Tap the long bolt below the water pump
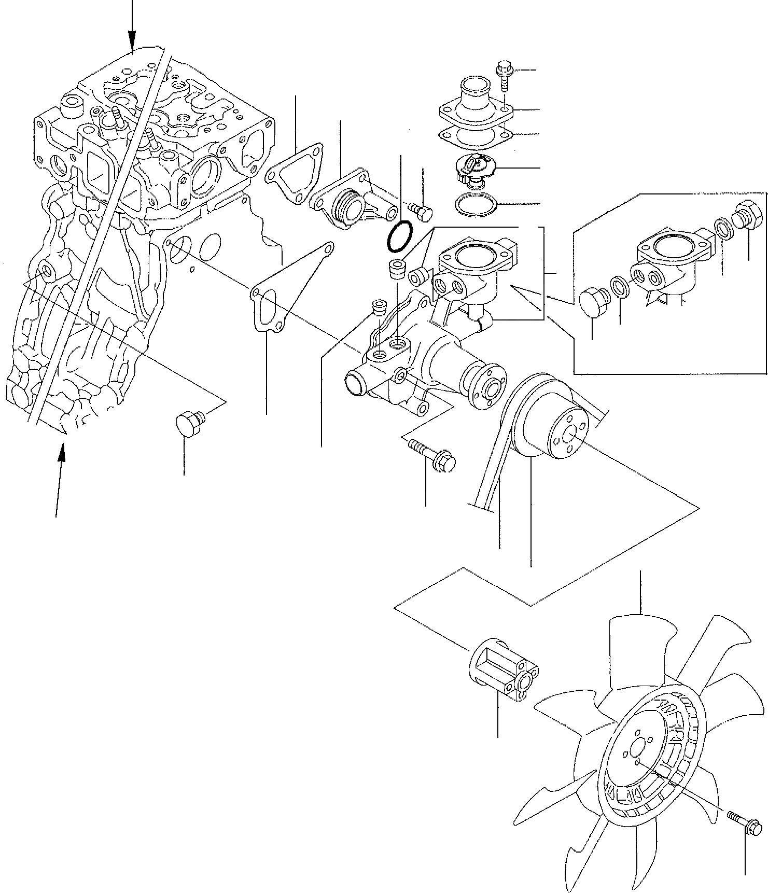432,453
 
